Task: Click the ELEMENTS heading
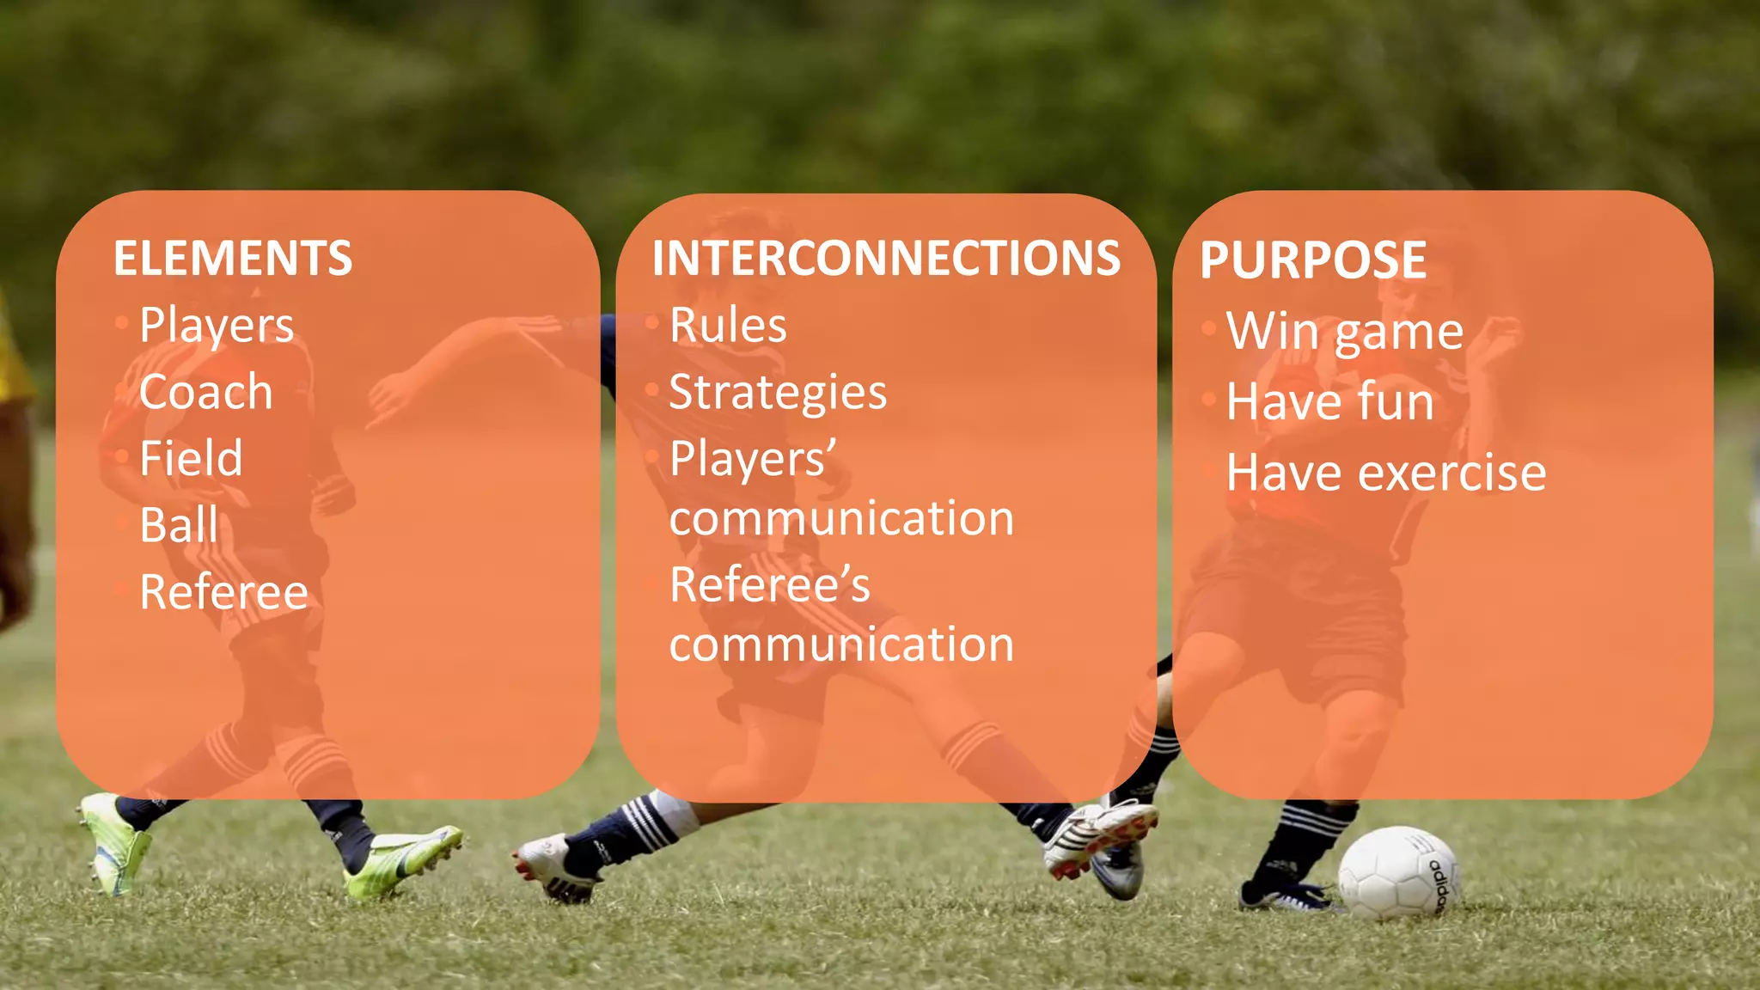coord(233,258)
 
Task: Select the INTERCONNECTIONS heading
coord(886,258)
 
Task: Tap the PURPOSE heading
coord(1313,260)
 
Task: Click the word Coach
coord(206,392)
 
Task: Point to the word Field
coord(191,458)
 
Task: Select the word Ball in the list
coord(179,525)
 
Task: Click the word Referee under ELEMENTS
coord(223,592)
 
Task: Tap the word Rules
coord(728,326)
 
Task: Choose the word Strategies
coord(778,393)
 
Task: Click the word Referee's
coord(769,585)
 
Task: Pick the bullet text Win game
coord(1344,332)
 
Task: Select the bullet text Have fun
coord(1330,402)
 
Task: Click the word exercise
coord(1452,473)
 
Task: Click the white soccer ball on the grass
coord(1396,871)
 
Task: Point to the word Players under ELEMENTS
coord(217,326)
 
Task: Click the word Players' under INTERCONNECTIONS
coord(753,459)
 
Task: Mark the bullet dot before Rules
coord(652,323)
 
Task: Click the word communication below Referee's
coord(841,645)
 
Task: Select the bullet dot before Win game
coord(1209,328)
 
